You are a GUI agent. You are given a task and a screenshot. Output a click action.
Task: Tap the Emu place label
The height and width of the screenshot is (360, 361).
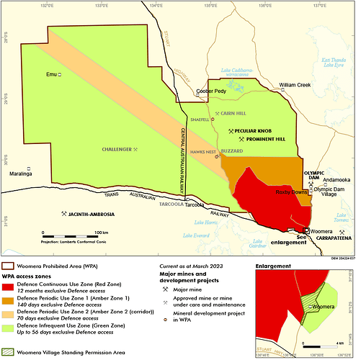coord(50,74)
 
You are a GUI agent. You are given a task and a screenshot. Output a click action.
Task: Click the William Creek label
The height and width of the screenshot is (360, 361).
coord(295,84)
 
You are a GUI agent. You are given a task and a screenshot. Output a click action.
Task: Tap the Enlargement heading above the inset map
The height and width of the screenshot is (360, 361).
coord(277,266)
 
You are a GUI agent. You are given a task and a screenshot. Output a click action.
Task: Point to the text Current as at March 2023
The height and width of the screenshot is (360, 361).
coord(195,266)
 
